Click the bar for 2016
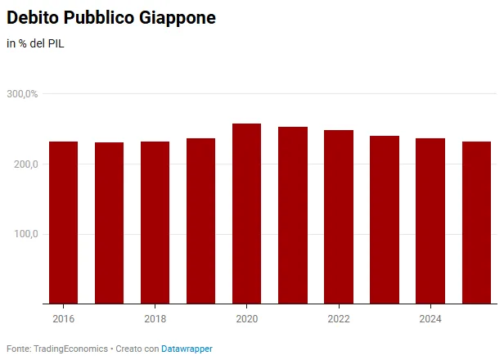[x=63, y=223]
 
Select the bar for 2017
[x=110, y=223]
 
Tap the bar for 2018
[x=155, y=223]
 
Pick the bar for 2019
[x=201, y=221]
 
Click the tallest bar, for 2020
[x=247, y=214]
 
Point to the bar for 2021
[x=293, y=215]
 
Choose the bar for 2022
[x=339, y=217]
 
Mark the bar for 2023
[x=385, y=219]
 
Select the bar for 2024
[x=430, y=221]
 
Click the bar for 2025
[x=477, y=223]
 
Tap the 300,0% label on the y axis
[x=22, y=94]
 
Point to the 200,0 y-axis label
[x=25, y=164]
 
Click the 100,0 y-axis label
[x=25, y=234]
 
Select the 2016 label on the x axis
[x=63, y=319]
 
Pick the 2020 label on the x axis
[x=247, y=319]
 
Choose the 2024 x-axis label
[x=430, y=319]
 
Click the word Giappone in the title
[x=178, y=18]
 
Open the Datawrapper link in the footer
[x=187, y=349]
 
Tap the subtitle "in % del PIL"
[x=35, y=43]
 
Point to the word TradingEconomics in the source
[x=70, y=349]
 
